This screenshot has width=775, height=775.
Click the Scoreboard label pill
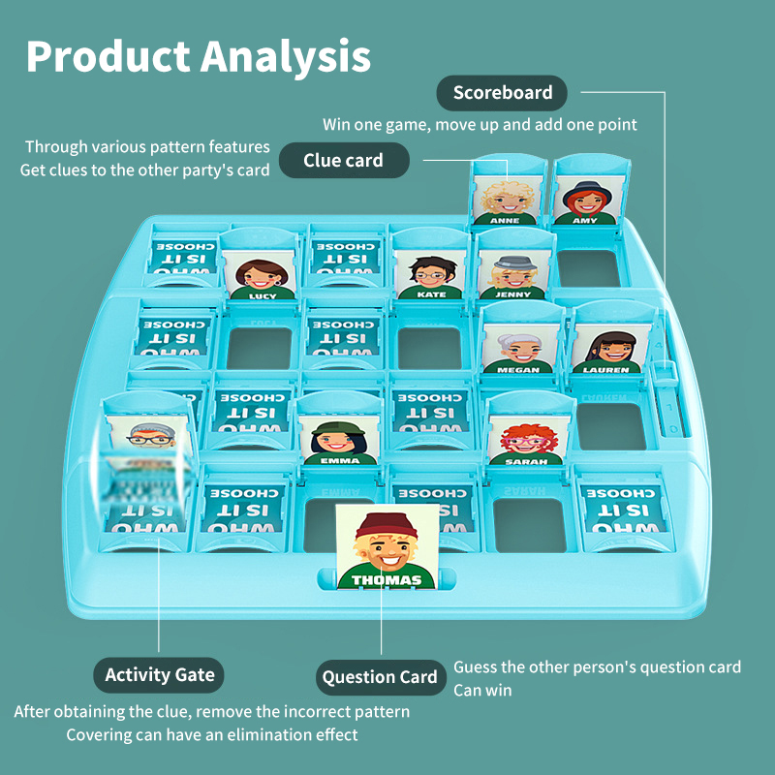(x=503, y=93)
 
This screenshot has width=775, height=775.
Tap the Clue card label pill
(x=344, y=161)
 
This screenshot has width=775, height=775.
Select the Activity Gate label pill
(x=160, y=675)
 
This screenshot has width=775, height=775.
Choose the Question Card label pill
(x=380, y=677)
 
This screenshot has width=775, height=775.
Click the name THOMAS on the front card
(x=387, y=580)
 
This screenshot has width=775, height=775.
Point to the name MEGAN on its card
(x=518, y=369)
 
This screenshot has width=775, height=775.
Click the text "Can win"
(x=482, y=691)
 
